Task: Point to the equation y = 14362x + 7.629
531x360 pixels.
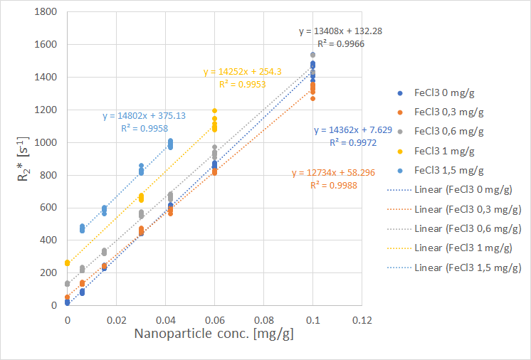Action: (352, 130)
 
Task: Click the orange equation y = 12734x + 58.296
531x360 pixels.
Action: (333, 173)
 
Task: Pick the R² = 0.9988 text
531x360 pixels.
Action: (333, 185)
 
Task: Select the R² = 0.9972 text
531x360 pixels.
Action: (352, 142)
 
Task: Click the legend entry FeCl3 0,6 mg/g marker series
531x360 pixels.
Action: (449, 131)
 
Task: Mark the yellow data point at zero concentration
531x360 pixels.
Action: (68, 263)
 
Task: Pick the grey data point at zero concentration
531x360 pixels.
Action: (68, 283)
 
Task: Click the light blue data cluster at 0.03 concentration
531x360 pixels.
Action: (141, 169)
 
